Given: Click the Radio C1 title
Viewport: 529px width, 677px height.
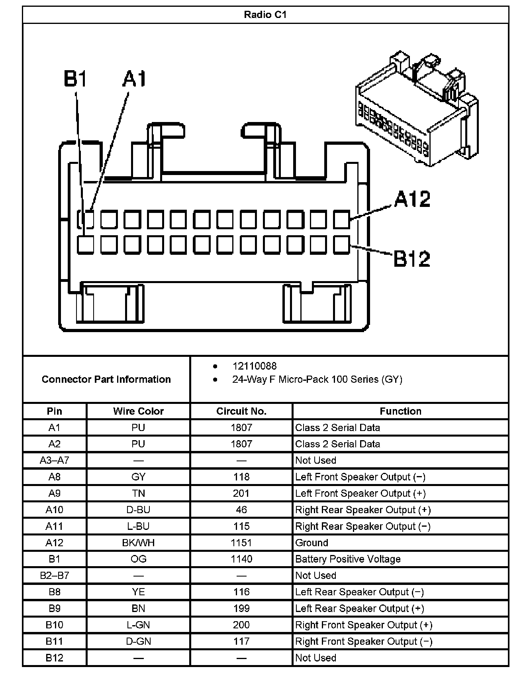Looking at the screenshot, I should [x=265, y=15].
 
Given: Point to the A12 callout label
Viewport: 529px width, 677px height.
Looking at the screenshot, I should [x=412, y=199].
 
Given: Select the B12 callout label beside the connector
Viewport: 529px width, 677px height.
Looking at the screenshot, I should [x=412, y=259].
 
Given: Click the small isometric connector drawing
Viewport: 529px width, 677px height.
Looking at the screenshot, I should [x=416, y=108].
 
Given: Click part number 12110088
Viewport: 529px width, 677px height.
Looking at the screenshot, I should [x=254, y=366].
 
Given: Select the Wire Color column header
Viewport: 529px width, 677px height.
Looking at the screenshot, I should [x=138, y=411].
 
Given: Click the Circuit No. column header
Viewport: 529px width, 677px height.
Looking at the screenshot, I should [x=241, y=411].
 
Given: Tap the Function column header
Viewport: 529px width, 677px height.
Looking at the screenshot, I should [x=400, y=411].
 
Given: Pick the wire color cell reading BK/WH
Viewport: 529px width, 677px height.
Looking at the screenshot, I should [x=138, y=543].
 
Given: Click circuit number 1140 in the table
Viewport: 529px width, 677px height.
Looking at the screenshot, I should [x=241, y=559].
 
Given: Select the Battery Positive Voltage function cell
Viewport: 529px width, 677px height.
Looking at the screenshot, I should [x=348, y=559].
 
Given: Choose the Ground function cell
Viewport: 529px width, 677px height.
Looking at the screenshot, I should [x=312, y=543].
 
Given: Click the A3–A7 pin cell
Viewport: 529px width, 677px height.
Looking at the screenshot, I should [x=55, y=461].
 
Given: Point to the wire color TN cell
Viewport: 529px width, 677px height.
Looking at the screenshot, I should [x=138, y=493].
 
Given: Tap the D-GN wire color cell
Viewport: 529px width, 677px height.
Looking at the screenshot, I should [x=138, y=641].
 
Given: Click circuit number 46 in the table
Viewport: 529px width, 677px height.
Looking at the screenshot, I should [x=241, y=510].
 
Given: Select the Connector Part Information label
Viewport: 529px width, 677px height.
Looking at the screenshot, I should [x=106, y=379].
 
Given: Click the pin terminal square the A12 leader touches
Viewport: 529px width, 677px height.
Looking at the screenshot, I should [x=341, y=219].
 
